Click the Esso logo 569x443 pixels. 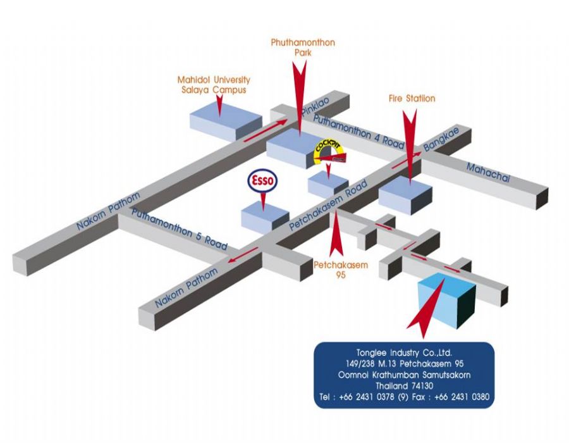point(262,182)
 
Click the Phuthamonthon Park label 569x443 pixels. point(302,47)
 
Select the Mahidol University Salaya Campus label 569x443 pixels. point(213,85)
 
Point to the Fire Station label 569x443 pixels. point(412,99)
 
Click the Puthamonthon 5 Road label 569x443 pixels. point(180,228)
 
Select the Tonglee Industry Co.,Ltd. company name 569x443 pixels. point(405,353)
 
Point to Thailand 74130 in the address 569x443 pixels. point(405,385)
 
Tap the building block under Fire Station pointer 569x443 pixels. point(405,195)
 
